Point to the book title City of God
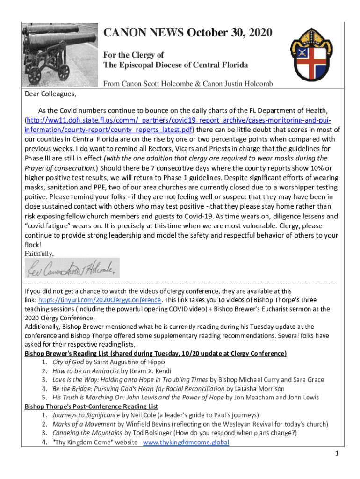[69, 362]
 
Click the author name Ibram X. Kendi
[149, 370]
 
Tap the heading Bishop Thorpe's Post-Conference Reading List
[91, 406]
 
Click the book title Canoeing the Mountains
[87, 433]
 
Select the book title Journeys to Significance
[86, 415]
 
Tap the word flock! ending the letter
[34, 244]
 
